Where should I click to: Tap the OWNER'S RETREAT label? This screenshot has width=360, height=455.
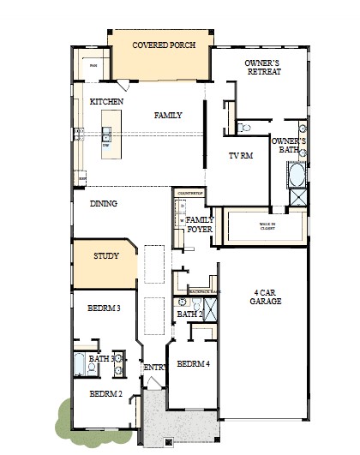pyautogui.click(x=262, y=68)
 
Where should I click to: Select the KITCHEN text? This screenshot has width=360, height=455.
pyautogui.click(x=106, y=102)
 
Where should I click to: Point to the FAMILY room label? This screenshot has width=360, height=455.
pyautogui.click(x=168, y=115)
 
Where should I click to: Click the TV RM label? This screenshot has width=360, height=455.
pyautogui.click(x=240, y=156)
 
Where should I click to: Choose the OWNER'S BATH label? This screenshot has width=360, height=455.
pyautogui.click(x=288, y=145)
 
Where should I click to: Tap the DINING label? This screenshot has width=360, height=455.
pyautogui.click(x=103, y=204)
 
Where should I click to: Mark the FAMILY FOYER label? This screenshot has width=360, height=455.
pyautogui.click(x=200, y=225)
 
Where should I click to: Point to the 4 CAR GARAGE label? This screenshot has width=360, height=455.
pyautogui.click(x=265, y=296)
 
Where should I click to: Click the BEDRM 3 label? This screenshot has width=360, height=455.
pyautogui.click(x=105, y=308)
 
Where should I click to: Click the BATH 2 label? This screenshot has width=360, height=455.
pyautogui.click(x=189, y=314)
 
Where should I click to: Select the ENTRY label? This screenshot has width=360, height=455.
pyautogui.click(x=154, y=368)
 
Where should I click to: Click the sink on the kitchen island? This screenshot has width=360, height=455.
pyautogui.click(x=106, y=135)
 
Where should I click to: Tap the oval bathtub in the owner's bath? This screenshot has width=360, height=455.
pyautogui.click(x=297, y=177)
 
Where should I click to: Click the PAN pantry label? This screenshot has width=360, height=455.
pyautogui.click(x=93, y=65)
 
